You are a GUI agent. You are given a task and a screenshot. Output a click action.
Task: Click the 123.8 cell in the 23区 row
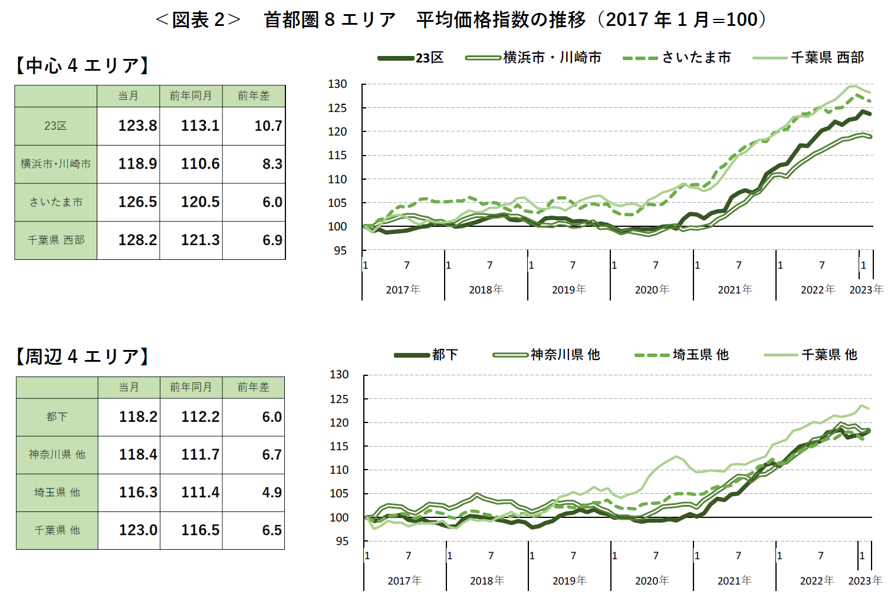tap(137, 126)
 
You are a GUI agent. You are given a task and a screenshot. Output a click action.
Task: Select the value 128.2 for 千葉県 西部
tap(137, 240)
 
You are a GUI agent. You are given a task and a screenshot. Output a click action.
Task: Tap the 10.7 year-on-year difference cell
tap(268, 126)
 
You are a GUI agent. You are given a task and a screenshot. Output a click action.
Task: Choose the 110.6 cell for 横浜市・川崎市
tap(200, 164)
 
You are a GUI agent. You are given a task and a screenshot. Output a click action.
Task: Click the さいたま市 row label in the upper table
tap(56, 202)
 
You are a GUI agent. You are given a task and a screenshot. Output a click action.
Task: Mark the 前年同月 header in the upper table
tap(190, 96)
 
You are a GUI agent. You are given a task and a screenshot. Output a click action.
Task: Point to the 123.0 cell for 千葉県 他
tap(138, 530)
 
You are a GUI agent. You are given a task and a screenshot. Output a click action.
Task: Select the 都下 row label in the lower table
tap(57, 417)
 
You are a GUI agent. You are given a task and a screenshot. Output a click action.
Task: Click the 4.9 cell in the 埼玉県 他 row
tap(271, 493)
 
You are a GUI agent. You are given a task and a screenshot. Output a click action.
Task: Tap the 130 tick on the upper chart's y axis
tap(338, 84)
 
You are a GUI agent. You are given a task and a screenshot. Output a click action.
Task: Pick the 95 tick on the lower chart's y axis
tap(341, 541)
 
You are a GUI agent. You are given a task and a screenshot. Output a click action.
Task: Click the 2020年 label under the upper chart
tap(652, 290)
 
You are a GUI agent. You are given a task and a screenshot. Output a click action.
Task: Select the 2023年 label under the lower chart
tap(864, 581)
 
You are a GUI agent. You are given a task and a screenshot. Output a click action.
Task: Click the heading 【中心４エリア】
tap(83, 65)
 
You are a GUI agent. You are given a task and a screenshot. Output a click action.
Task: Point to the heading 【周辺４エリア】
tap(83, 356)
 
